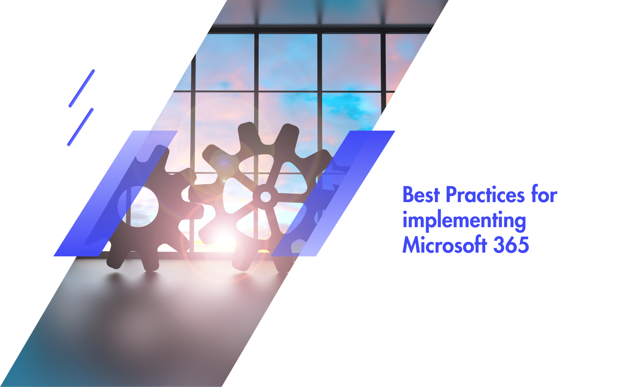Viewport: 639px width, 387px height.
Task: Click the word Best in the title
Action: (421, 195)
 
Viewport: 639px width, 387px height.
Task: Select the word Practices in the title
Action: (485, 195)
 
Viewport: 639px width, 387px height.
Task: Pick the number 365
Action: (511, 245)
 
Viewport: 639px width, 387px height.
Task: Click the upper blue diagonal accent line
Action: (82, 88)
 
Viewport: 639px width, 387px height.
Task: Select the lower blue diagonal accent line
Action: (80, 127)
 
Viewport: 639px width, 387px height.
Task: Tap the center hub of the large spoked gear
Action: (265, 196)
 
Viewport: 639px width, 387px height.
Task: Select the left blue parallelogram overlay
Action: (116, 193)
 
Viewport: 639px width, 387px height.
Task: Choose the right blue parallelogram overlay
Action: (333, 193)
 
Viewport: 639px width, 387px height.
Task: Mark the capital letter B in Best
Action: (408, 195)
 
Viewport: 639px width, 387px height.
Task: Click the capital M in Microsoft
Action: (411, 245)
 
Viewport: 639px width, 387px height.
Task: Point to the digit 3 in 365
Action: (499, 245)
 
